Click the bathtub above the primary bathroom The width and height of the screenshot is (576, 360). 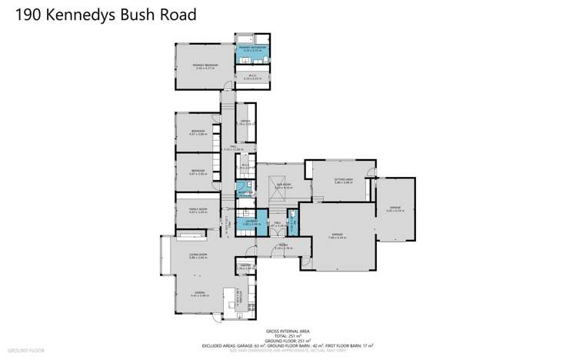coord(245,38)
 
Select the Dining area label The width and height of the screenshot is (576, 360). coord(199,292)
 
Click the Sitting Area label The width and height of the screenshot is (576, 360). coord(341,180)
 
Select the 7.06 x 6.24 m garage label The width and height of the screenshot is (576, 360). coord(335,235)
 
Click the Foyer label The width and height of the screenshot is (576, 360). coord(284,248)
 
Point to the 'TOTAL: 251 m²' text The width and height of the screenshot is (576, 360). coord(288,336)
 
